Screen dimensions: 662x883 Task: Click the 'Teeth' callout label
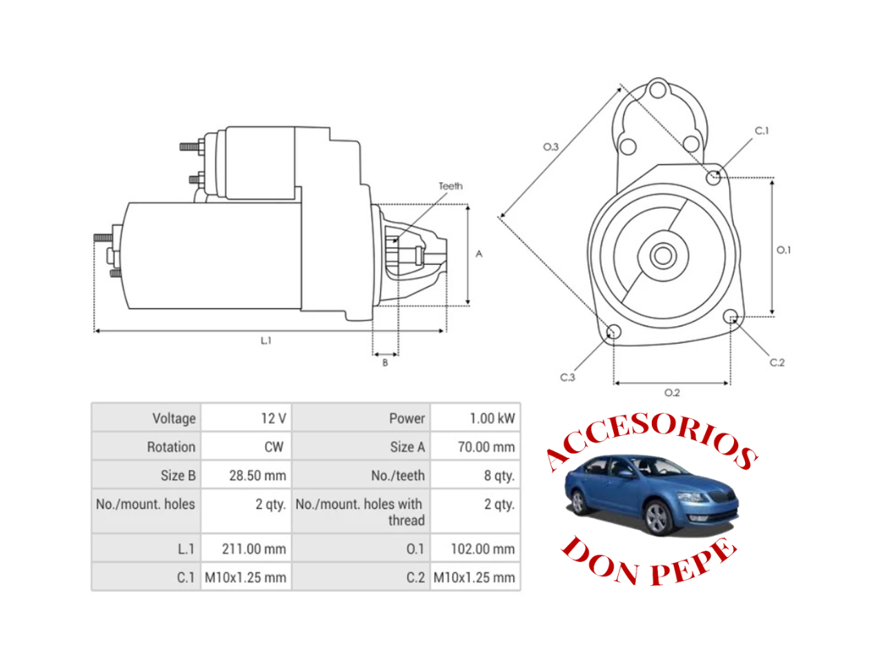tap(450, 186)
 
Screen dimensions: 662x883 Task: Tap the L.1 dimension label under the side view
tap(266, 341)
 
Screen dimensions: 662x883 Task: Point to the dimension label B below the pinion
tap(385, 363)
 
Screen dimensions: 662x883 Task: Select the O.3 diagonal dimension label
tap(550, 147)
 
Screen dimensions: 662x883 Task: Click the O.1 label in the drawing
tap(784, 250)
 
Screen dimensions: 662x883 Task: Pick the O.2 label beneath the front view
tap(672, 392)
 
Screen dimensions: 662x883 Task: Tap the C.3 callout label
tap(567, 377)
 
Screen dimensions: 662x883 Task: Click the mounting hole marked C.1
tap(714, 177)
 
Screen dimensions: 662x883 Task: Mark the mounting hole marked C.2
tap(731, 317)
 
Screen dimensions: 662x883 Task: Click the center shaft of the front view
tap(663, 256)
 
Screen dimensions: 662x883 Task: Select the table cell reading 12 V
tap(273, 419)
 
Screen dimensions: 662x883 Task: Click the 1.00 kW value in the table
tap(492, 419)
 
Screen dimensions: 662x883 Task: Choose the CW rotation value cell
tap(274, 447)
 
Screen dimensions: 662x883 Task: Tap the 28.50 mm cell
tap(257, 476)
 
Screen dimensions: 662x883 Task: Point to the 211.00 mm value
tap(253, 549)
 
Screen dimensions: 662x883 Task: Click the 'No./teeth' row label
tap(397, 476)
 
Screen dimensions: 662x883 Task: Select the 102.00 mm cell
tap(482, 549)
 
